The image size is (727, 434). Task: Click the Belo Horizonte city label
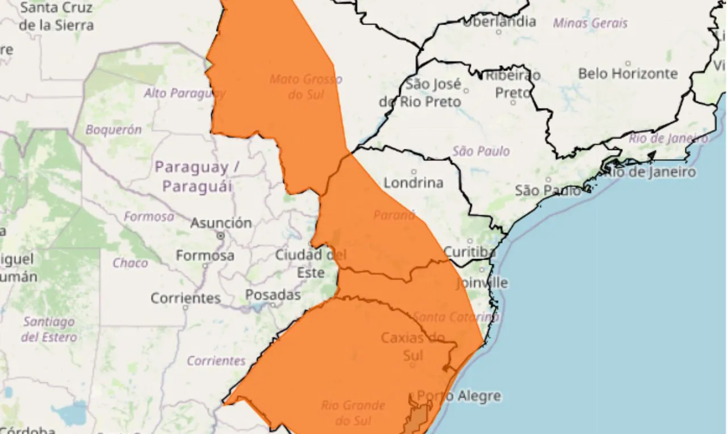pos(628,74)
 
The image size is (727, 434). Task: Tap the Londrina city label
pos(413,183)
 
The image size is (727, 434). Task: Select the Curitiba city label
pos(469,252)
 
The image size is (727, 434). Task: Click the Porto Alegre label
pos(459,396)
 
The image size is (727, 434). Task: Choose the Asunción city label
pos(221,223)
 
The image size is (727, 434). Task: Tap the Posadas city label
pos(273,295)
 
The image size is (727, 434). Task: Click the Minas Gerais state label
pos(590,23)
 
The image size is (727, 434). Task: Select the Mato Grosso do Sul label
pos(306,86)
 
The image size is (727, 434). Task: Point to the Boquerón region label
pos(114,130)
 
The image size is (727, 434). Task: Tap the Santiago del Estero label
pos(49,329)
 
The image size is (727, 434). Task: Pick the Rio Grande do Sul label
pos(353,413)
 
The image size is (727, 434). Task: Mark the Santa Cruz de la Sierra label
pos(56,16)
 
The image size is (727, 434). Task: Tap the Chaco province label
pos(130,262)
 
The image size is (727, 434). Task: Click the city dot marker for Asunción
pos(220,235)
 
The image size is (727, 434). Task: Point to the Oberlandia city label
pos(499,22)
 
